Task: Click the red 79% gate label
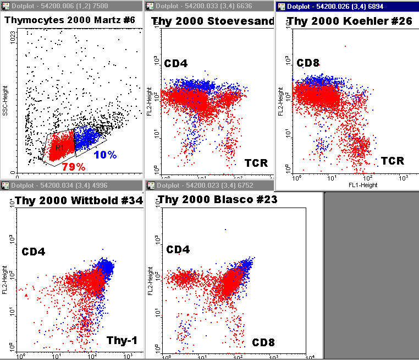pos(73,166)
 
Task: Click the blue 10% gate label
pos(104,155)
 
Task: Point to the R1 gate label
pos(59,148)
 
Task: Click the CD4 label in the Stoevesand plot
pos(175,63)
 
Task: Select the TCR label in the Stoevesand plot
pos(256,163)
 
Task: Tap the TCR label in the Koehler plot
pos(393,161)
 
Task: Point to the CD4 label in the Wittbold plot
pos(33,252)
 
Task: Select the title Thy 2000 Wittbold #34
pos(79,200)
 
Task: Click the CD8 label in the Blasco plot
pos(264,343)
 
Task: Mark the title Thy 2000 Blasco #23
pos(217,200)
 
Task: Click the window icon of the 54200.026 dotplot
pos(282,6)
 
